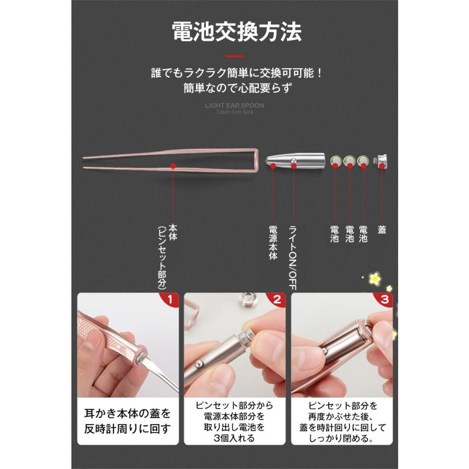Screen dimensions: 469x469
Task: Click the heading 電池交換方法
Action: coord(237,32)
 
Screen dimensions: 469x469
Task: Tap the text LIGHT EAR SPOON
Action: coord(234,105)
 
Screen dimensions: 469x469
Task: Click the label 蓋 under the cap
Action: coord(382,229)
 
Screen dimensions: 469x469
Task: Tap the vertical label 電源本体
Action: coord(273,243)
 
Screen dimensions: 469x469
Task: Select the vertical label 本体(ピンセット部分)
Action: coord(167,255)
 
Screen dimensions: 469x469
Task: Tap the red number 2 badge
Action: coord(277,300)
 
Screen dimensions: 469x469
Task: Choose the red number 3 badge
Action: coord(385,300)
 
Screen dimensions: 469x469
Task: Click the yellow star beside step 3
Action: coord(375,279)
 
